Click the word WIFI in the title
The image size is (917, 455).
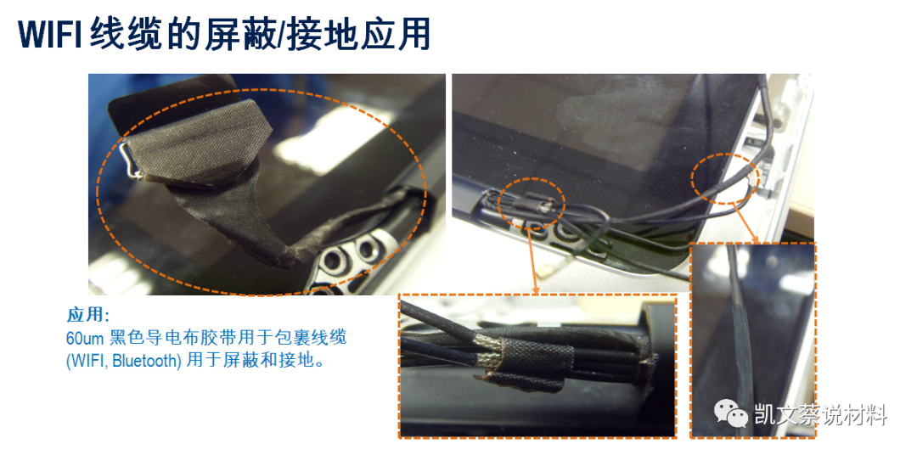coord(49,36)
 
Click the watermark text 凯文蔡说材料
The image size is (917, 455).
coord(820,416)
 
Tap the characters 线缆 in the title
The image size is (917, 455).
coord(123,36)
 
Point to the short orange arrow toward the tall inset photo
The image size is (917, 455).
coord(745,225)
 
